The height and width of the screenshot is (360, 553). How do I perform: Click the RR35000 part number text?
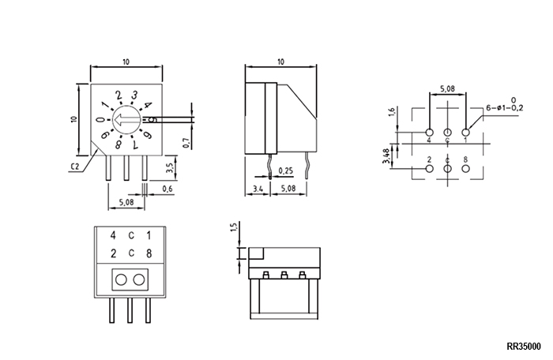coord(523,347)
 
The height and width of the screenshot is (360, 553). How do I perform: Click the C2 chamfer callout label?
coord(75,167)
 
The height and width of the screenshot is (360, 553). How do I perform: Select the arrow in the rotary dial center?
coord(124,120)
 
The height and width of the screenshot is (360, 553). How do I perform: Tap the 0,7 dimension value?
coord(186,143)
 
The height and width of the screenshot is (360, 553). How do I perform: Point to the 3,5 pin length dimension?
coord(169,167)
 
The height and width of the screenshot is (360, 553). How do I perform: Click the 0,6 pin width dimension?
coord(167,189)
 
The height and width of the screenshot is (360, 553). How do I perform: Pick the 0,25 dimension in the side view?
coord(286,171)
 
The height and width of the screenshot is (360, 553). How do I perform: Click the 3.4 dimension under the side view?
coord(258,189)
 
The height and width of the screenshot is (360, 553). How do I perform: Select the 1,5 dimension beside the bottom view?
coord(234,227)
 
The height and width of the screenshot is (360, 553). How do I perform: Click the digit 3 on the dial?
coord(134,96)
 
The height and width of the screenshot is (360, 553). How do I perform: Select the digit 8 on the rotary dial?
coord(118,144)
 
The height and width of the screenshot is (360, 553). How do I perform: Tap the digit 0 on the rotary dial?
coord(101,120)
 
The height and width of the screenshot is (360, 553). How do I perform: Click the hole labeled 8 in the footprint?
coord(465,168)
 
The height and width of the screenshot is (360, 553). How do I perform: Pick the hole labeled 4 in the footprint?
coord(429,133)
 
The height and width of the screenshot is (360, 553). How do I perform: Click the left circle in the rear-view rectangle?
coord(121,280)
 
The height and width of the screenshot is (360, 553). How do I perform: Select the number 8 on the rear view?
coord(149,253)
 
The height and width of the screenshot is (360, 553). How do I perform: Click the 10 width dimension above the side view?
coord(280,62)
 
